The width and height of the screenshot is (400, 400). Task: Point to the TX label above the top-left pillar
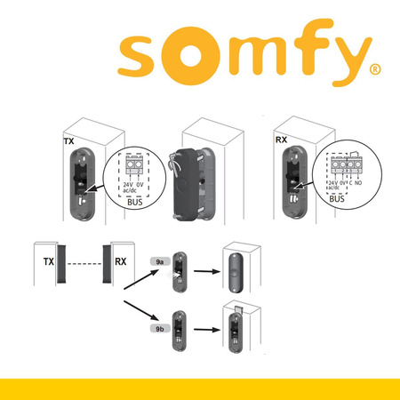pyautogui.click(x=68, y=141)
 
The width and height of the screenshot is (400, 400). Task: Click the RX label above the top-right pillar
pyautogui.click(x=282, y=139)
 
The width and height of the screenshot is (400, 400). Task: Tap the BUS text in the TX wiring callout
pyautogui.click(x=136, y=202)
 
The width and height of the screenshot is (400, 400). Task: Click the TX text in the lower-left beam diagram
pyautogui.click(x=49, y=263)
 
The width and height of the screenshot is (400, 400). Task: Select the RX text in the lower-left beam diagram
pyautogui.click(x=119, y=263)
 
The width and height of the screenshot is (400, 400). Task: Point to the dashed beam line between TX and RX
pyautogui.click(x=84, y=264)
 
